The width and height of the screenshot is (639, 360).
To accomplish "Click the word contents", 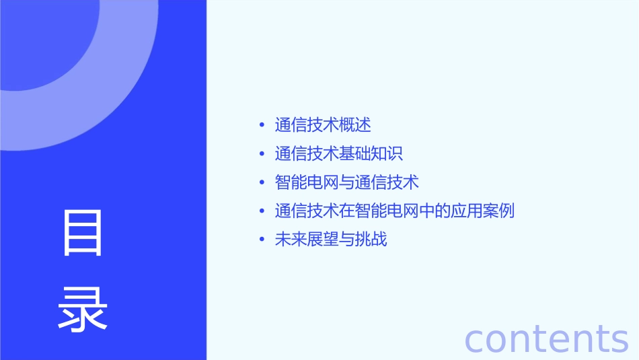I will (546, 338).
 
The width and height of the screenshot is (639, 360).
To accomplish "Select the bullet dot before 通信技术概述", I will (262, 125).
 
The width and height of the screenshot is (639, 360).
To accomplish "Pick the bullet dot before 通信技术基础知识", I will (262, 154).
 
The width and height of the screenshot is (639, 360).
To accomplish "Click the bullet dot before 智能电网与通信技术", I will (262, 182).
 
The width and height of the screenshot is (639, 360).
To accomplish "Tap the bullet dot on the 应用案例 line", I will (262, 211).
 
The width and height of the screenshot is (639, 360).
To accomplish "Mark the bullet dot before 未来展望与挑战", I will (262, 240).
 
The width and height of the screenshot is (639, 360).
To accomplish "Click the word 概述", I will (355, 125).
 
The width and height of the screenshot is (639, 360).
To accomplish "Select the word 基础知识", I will (371, 154).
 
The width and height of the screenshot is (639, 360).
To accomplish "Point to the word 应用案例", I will (483, 211).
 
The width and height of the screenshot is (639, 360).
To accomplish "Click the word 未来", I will (291, 240).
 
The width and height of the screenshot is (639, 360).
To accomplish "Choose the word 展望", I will (323, 240).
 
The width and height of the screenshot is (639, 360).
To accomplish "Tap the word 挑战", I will (371, 240).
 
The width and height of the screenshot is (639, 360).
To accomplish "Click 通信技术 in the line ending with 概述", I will (307, 125).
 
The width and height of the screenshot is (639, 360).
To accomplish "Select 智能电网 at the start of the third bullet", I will (307, 182).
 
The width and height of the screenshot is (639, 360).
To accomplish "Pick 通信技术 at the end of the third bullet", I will (387, 182).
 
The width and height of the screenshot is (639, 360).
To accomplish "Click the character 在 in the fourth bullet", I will (347, 211).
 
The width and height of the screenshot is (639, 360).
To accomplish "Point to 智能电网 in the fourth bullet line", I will (387, 211).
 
